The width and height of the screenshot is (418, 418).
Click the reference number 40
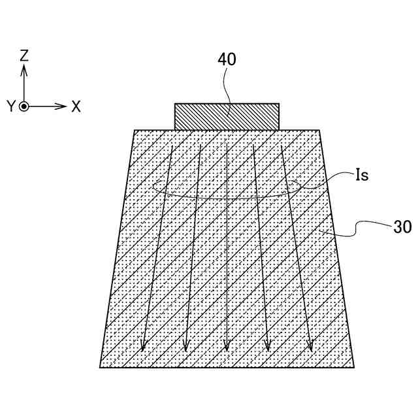point(227,59)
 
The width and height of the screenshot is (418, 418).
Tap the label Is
point(362,175)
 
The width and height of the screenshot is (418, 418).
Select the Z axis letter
point(24,56)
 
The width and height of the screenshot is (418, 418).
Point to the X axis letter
point(76,106)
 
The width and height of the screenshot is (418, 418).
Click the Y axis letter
point(10,106)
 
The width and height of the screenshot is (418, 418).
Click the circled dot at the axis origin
point(24,106)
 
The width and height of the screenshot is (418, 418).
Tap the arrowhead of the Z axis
point(24,69)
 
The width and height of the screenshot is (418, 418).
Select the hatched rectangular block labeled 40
point(227,116)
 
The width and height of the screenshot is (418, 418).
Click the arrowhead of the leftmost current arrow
point(144,346)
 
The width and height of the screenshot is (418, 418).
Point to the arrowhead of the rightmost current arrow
point(310,346)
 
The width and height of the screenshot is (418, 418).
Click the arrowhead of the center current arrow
point(227,346)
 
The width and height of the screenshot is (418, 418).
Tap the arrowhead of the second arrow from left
point(185,346)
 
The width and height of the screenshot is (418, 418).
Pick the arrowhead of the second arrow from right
point(267,346)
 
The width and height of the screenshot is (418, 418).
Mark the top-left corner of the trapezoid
point(135,130)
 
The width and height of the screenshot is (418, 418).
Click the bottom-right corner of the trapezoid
point(354,367)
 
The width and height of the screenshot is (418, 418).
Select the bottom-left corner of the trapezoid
point(100,367)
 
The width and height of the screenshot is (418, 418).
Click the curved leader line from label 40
point(225,88)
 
